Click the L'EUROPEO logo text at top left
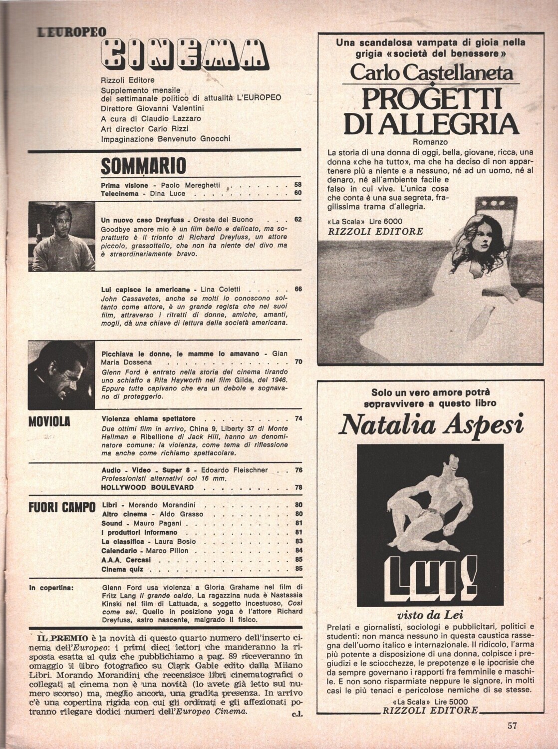coord(72,31)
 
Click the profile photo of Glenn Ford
coord(61,371)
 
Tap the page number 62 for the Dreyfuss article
coord(298,219)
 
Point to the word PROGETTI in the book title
coord(431,98)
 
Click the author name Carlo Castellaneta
coord(431,73)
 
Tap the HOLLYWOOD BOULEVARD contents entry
coord(147,487)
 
